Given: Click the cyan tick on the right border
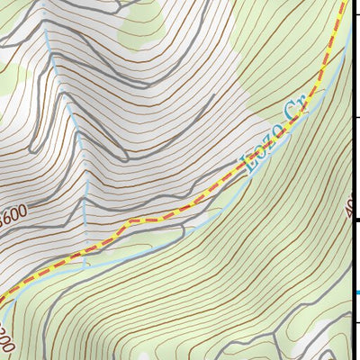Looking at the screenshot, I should [356, 292].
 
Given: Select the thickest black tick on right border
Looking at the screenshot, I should [356, 220].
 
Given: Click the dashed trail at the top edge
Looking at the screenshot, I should [345, 3].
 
